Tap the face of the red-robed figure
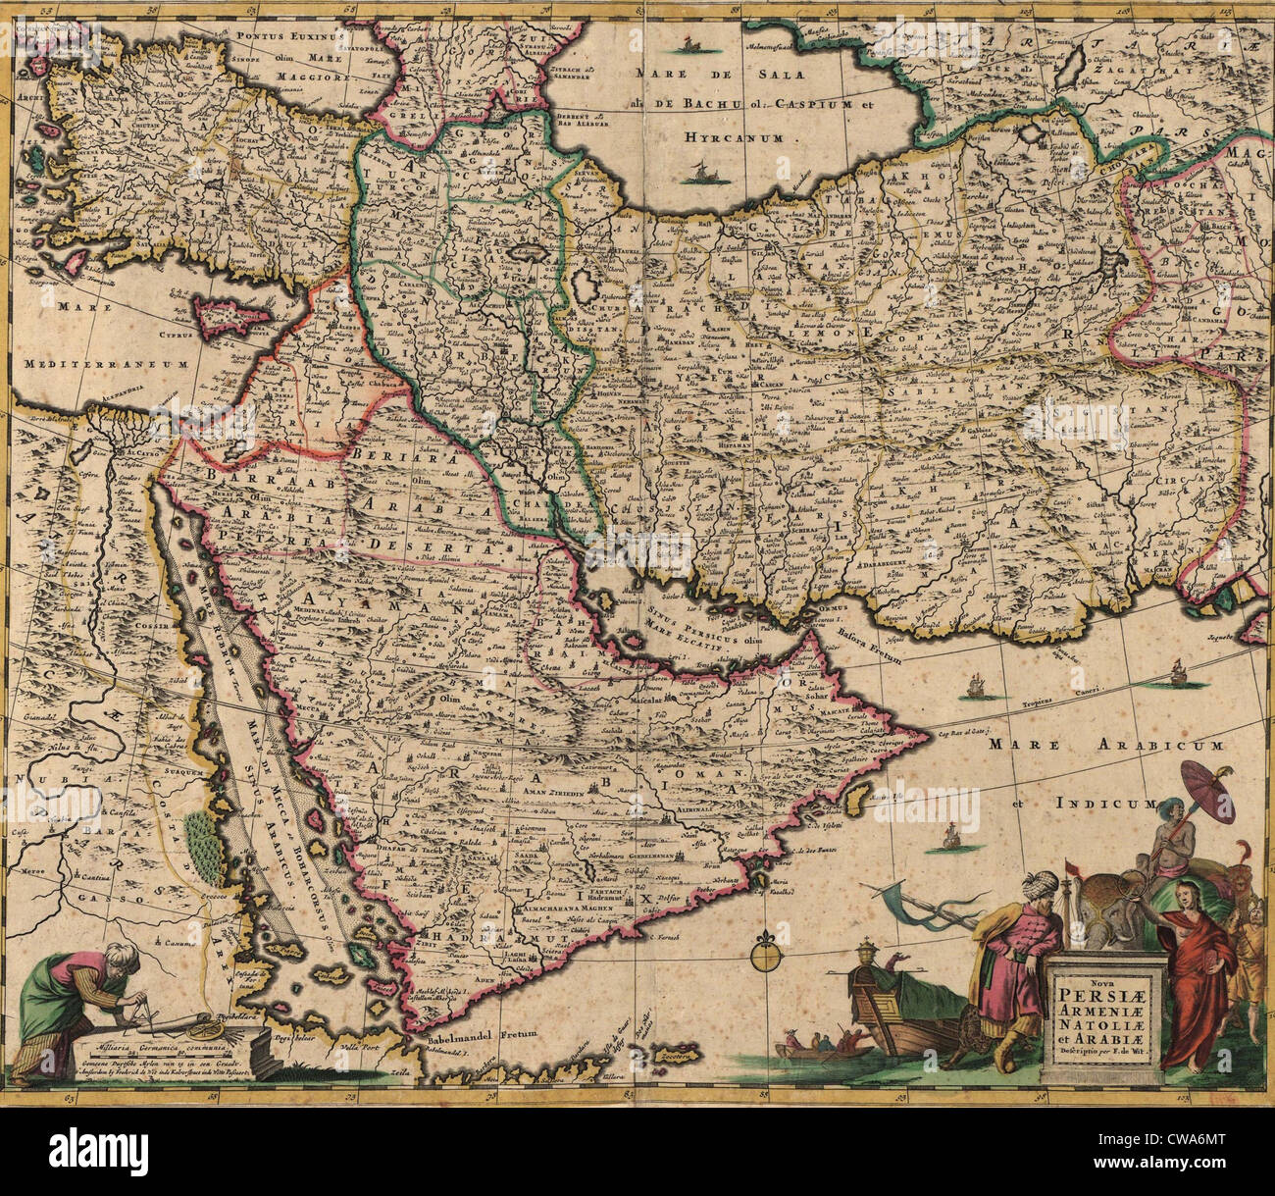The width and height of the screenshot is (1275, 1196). pyautogui.click(x=1189, y=894)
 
